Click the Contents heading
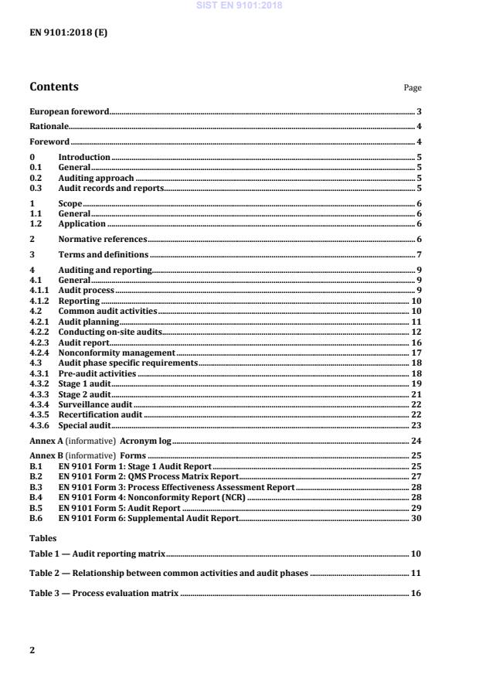pos(54,87)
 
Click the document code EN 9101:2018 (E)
pos(64,33)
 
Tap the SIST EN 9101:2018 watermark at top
pos(239,5)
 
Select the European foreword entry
pos(70,112)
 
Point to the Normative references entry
pos(103,240)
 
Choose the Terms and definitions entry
pos(104,254)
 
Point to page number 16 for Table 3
pos(416,593)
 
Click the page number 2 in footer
pos(32,650)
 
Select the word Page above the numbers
pos(413,88)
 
